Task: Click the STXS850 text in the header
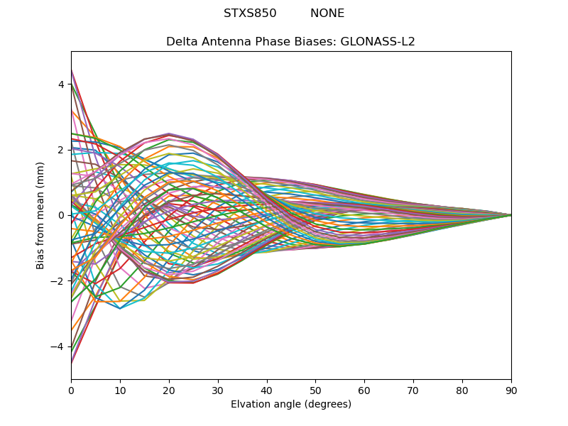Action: (x=250, y=13)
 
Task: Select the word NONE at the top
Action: (x=327, y=13)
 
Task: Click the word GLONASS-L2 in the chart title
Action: (x=378, y=42)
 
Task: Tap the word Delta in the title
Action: (x=180, y=42)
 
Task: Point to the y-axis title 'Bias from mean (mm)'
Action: (x=40, y=215)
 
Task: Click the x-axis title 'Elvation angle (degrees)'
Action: (x=291, y=405)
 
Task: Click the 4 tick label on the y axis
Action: (x=61, y=84)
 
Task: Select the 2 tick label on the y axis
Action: (x=61, y=150)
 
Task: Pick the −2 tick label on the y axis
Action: (x=58, y=281)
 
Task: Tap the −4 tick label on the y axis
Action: (x=58, y=346)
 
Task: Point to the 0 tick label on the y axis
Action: (x=61, y=215)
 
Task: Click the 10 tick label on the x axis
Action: (x=120, y=390)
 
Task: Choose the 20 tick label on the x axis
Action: (x=169, y=390)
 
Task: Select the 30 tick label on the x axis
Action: (x=218, y=390)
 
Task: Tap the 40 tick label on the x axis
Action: (x=267, y=390)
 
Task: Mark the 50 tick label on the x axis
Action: (x=315, y=390)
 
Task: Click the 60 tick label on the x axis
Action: (x=364, y=390)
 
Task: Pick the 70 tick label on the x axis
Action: (x=413, y=390)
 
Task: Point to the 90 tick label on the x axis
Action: (x=511, y=390)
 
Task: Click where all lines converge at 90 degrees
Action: (x=510, y=215)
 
